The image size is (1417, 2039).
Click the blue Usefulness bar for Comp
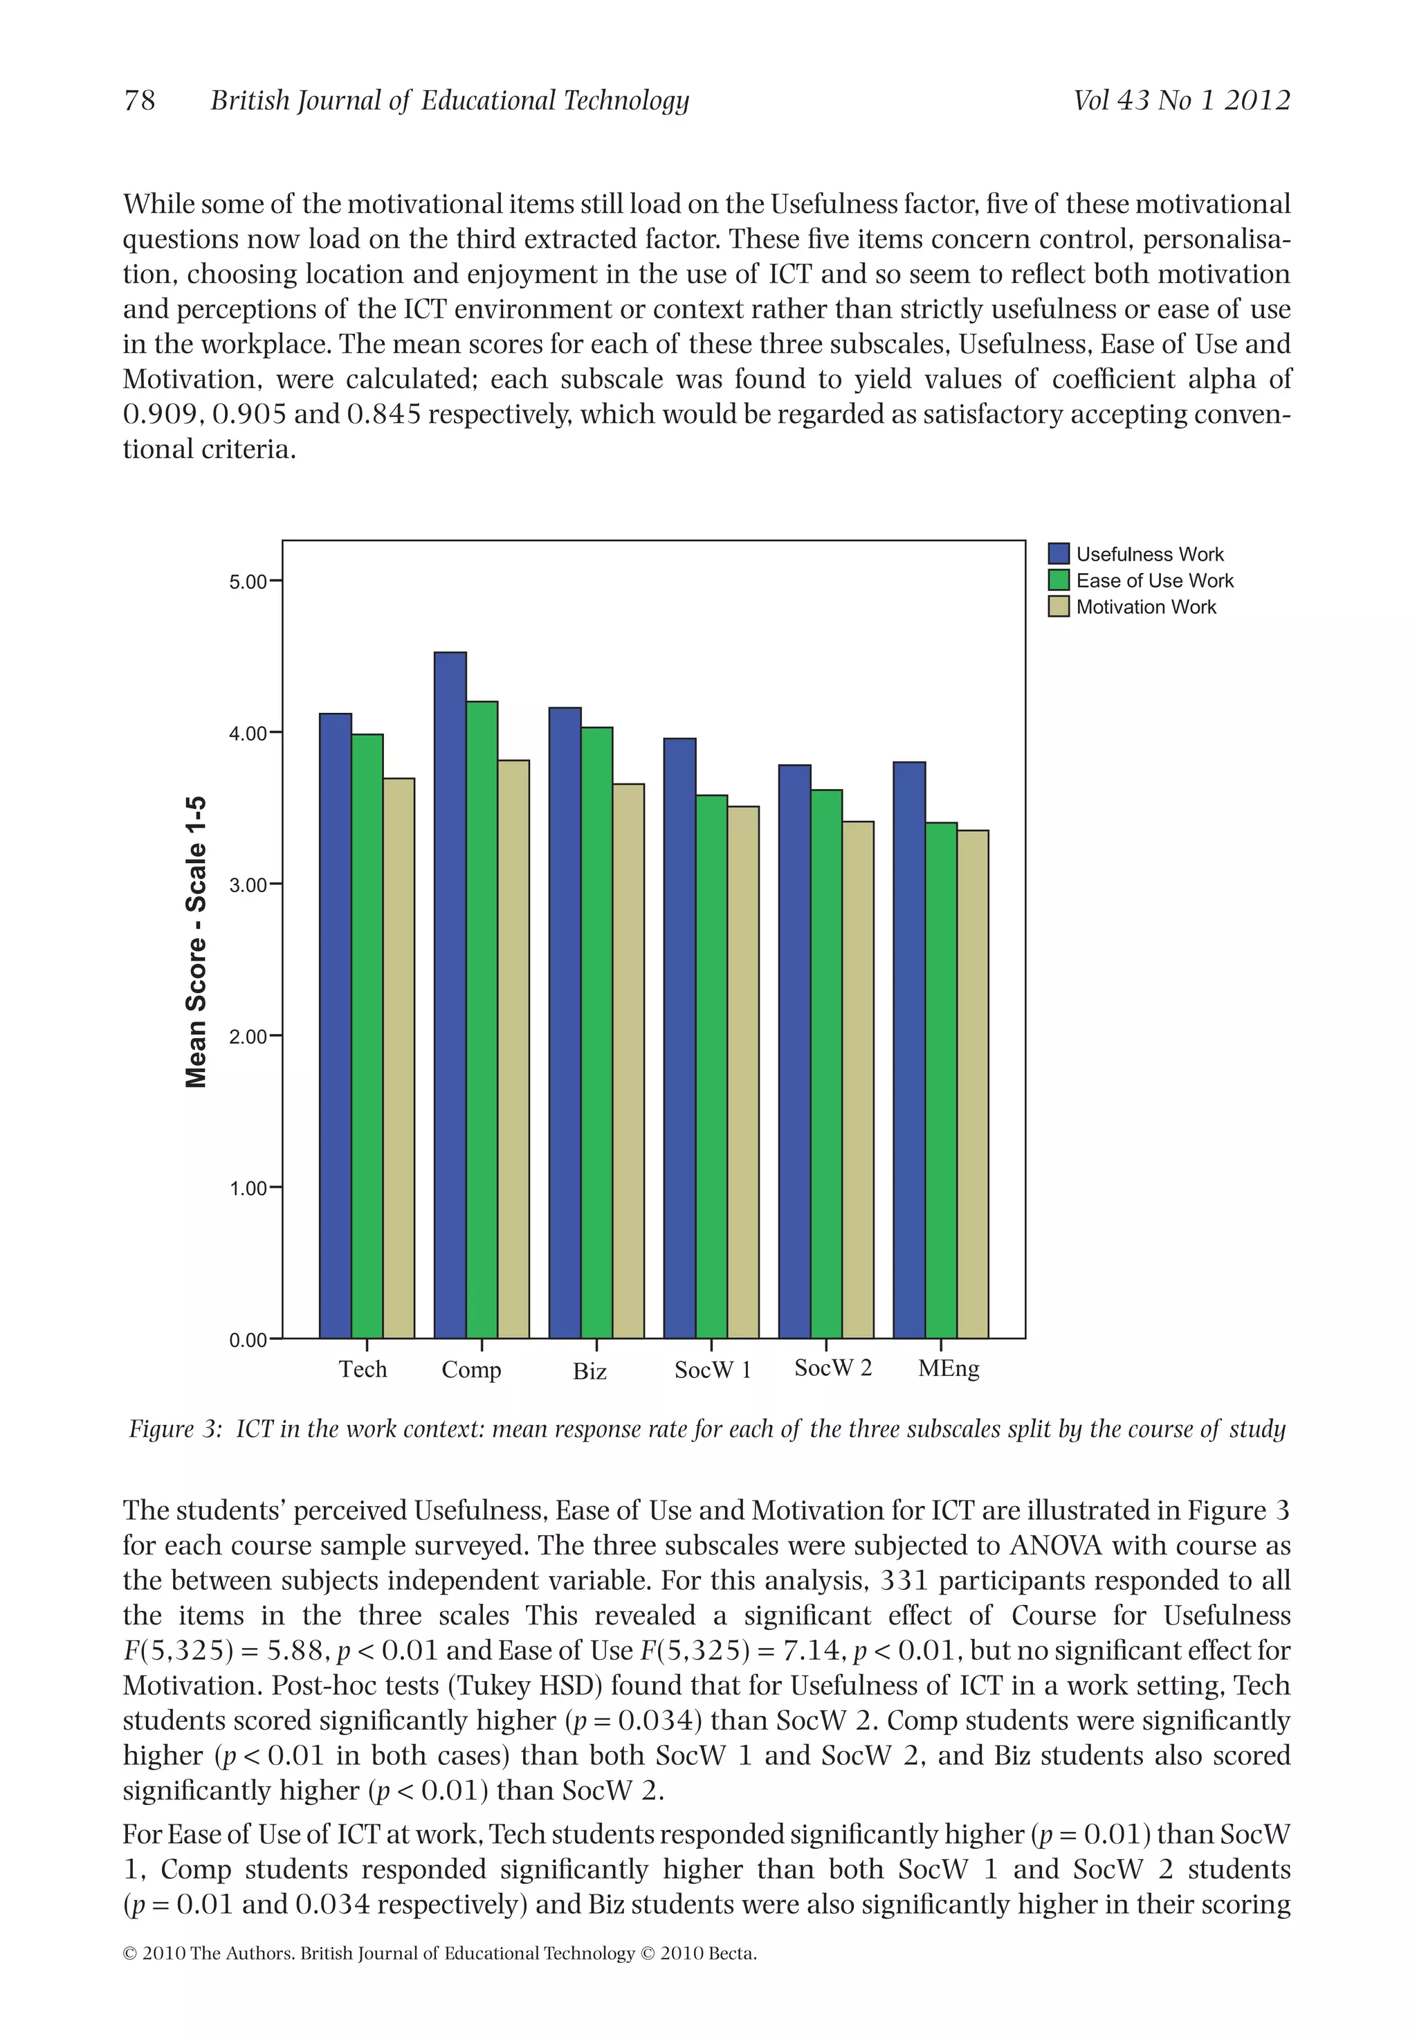tap(450, 995)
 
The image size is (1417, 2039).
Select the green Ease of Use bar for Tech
tap(367, 1035)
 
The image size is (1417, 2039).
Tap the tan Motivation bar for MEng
tap(972, 1083)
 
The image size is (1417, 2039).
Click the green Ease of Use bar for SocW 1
tap(711, 1066)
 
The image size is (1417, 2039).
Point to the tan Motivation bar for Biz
tap(628, 1060)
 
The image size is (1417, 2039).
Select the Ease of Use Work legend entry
tap(1154, 581)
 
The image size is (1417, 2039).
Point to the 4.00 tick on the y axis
tap(248, 734)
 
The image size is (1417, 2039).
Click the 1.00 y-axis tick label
tap(248, 1188)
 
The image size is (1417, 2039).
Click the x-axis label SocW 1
tap(712, 1370)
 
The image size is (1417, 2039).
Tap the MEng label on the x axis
tap(948, 1368)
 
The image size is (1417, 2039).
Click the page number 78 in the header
tap(139, 100)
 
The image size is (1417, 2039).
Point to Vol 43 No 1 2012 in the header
tap(1181, 100)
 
